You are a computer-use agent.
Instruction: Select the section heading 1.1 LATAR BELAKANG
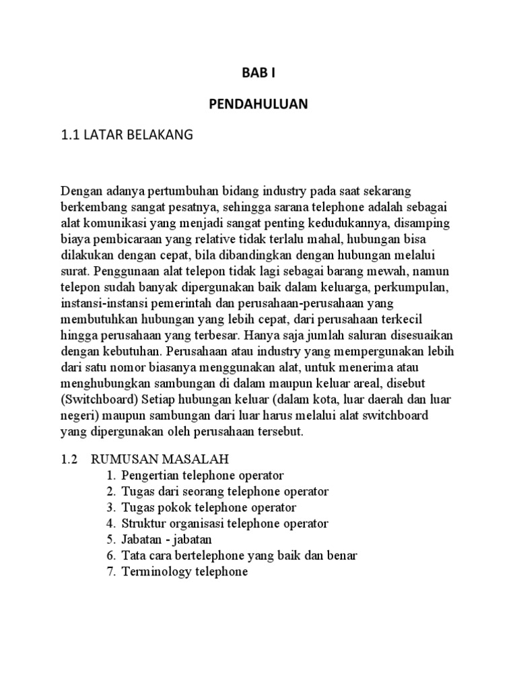[127, 135]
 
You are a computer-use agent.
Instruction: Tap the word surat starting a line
[75, 272]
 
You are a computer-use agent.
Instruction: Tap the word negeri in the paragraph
[77, 415]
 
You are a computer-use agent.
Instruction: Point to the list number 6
[111, 556]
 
